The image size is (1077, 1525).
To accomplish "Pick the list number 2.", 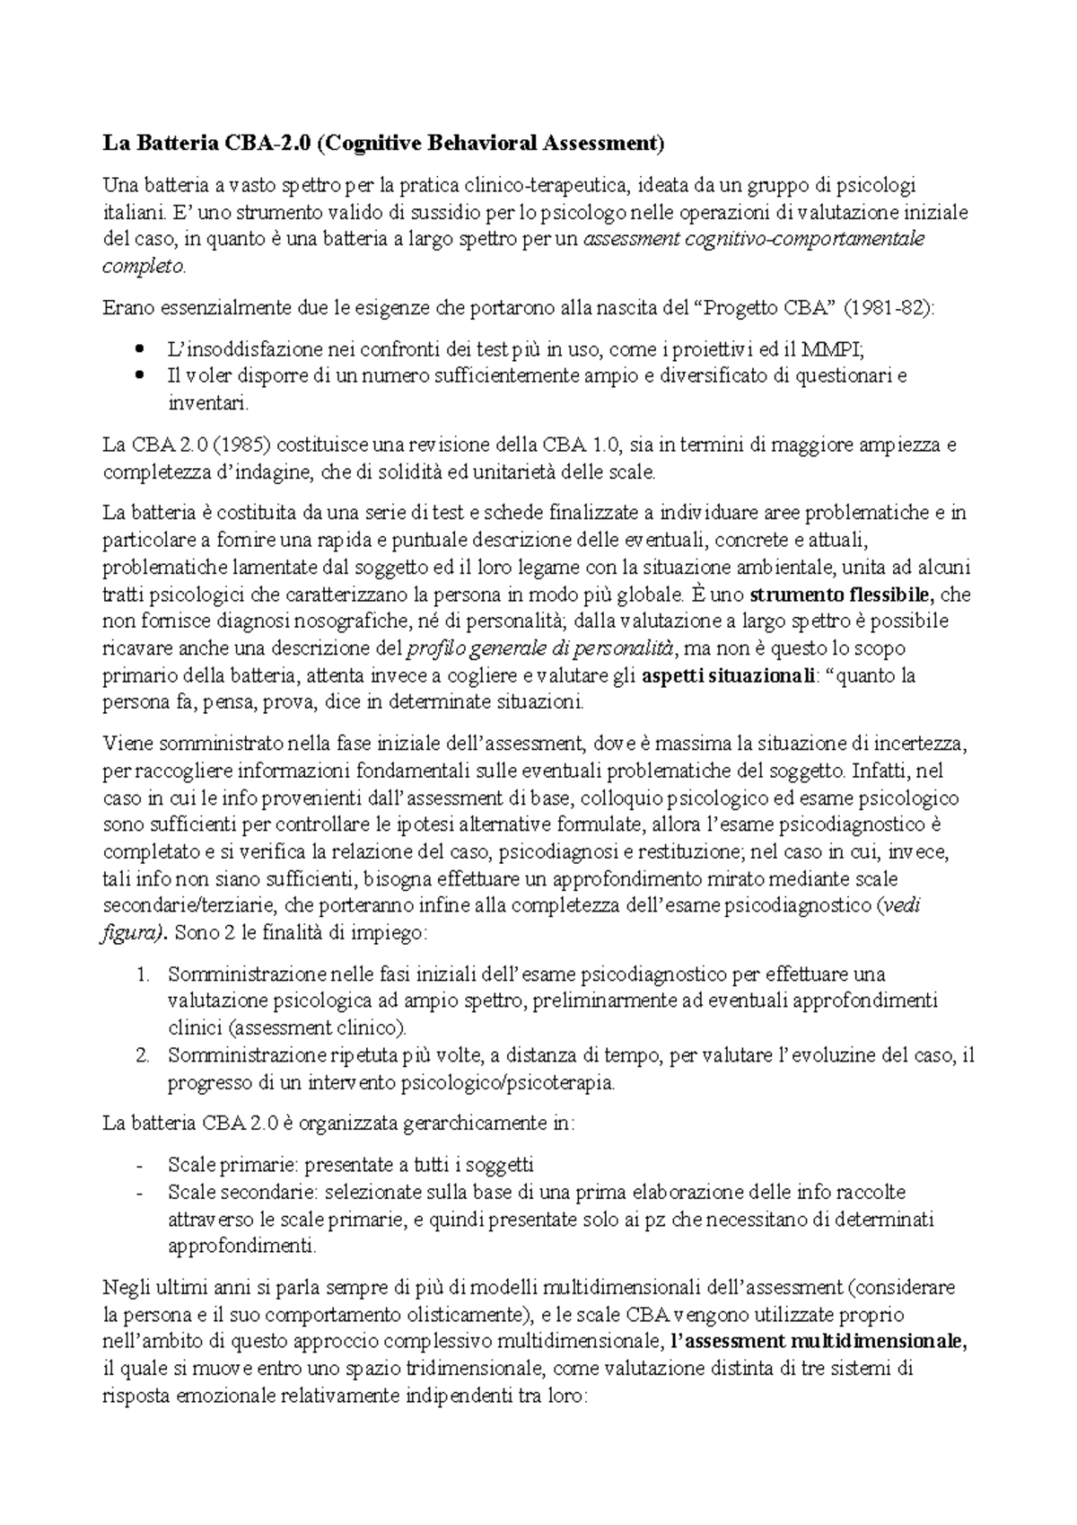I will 144,1055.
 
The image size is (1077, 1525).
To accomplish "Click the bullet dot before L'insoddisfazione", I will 137,349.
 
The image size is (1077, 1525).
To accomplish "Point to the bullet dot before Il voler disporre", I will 137,376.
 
